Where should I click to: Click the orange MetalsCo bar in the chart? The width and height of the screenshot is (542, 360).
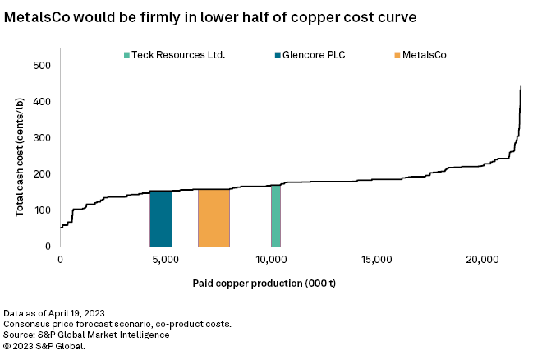214,218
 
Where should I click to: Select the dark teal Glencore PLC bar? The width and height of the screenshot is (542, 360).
161,219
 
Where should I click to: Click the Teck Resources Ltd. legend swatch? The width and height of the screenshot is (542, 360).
126,55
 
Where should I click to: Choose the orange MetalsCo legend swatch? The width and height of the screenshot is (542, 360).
398,55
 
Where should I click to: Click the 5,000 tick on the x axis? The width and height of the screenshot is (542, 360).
166,260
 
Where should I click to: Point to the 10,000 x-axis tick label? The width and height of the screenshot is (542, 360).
271,260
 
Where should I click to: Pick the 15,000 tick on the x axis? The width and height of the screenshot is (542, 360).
376,260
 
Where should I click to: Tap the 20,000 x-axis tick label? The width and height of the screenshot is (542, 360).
482,260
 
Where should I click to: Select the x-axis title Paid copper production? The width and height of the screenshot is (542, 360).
264,284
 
